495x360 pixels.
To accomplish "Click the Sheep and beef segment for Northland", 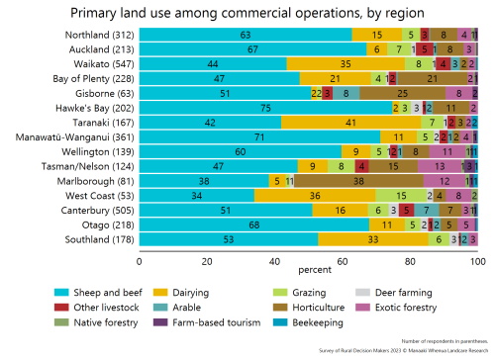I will coord(246,34).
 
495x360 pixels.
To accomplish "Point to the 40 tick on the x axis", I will coord(274,261).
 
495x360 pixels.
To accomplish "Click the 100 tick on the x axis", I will coord(477,261).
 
